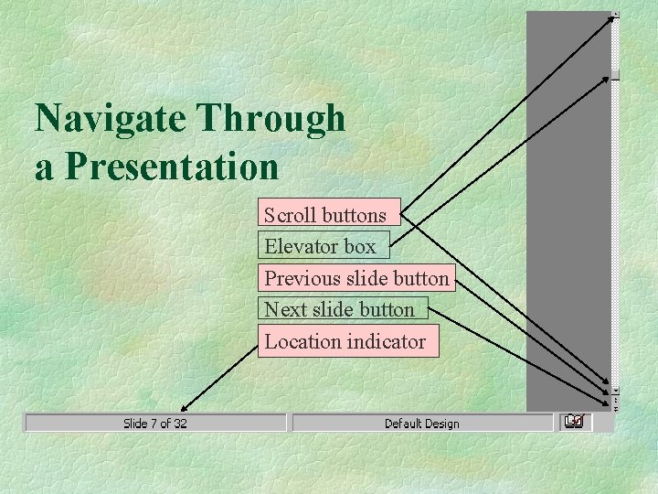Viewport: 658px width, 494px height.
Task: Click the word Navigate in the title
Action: [111, 119]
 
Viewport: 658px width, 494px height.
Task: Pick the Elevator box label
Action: [322, 246]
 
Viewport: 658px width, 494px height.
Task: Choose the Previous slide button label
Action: [356, 278]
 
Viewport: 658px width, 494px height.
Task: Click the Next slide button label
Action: [341, 310]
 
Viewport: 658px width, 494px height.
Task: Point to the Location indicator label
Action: [346, 341]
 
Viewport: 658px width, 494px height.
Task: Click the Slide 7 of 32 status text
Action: [155, 423]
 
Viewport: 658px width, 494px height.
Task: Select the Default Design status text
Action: [421, 423]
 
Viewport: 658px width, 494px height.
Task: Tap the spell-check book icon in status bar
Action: [574, 422]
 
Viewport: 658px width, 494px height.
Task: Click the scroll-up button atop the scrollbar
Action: [615, 16]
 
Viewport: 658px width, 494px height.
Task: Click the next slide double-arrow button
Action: [615, 408]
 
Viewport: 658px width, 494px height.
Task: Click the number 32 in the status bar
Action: [180, 423]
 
